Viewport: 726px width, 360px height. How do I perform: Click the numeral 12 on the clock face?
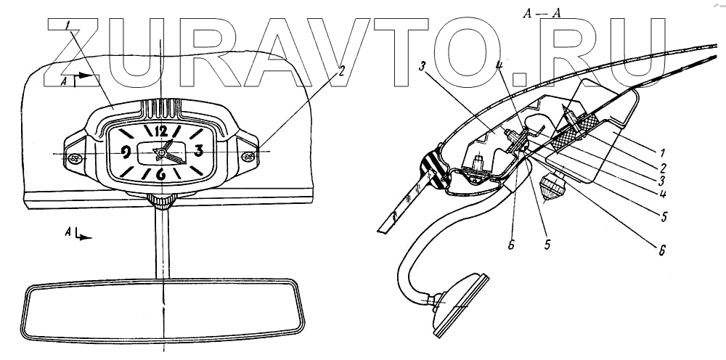coord(161,131)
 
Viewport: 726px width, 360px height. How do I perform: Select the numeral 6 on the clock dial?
coord(161,174)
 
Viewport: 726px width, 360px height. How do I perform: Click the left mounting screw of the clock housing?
coord(74,157)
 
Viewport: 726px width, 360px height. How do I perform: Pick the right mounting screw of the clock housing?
coord(248,155)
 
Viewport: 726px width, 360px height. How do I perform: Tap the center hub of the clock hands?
coord(168,152)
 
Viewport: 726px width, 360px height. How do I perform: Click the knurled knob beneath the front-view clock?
coord(161,201)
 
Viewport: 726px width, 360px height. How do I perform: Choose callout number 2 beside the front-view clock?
coord(340,72)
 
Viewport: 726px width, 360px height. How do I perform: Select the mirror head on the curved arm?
coord(457,303)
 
